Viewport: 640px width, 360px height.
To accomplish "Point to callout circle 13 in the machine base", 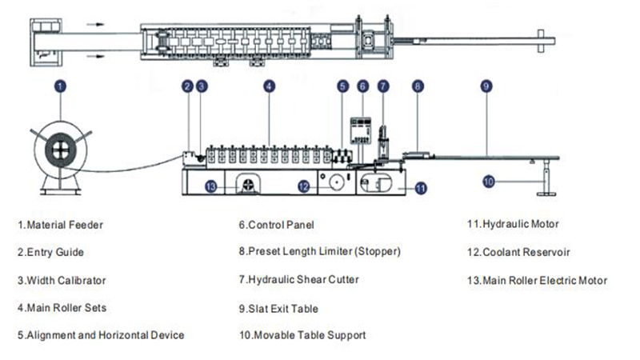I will pyautogui.click(x=210, y=186).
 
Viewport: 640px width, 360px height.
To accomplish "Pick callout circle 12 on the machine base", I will pyautogui.click(x=303, y=186).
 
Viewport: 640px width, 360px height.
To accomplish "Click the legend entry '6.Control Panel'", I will pyautogui.click(x=275, y=225).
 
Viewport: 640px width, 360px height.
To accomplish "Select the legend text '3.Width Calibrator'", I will pyautogui.click(x=61, y=280).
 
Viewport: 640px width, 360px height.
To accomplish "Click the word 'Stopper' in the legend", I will pyautogui.click(x=376, y=252).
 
